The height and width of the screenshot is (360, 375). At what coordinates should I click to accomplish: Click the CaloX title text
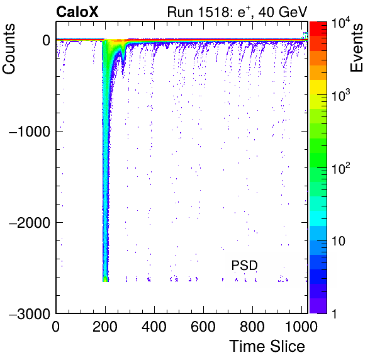[77, 12]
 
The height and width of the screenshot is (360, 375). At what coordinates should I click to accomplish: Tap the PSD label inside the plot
[244, 265]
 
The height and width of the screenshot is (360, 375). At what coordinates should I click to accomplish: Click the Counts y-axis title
[9, 49]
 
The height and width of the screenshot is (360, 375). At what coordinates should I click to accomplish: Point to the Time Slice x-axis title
[267, 346]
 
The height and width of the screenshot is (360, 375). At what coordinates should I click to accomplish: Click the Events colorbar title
[357, 48]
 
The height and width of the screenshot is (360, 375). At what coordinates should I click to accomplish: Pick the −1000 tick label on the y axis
[30, 132]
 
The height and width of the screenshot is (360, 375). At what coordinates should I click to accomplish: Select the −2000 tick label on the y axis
[30, 222]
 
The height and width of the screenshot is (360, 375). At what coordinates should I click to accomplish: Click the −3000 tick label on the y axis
[30, 313]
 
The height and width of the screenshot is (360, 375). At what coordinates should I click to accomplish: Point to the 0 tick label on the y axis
[46, 40]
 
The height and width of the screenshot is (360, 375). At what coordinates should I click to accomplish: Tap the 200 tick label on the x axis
[105, 326]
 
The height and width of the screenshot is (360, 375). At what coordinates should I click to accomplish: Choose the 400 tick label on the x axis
[154, 326]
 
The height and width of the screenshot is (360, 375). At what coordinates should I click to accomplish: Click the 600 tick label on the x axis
[203, 326]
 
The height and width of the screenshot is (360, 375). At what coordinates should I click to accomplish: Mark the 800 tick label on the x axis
[252, 326]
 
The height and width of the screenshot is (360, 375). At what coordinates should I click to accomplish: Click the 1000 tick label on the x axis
[301, 326]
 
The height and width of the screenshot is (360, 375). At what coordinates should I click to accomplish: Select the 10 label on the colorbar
[339, 241]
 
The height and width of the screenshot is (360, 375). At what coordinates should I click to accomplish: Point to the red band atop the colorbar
[318, 29]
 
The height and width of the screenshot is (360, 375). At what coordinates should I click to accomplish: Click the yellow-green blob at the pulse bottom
[105, 279]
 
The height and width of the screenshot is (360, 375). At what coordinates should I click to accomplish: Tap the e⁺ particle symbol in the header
[244, 11]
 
